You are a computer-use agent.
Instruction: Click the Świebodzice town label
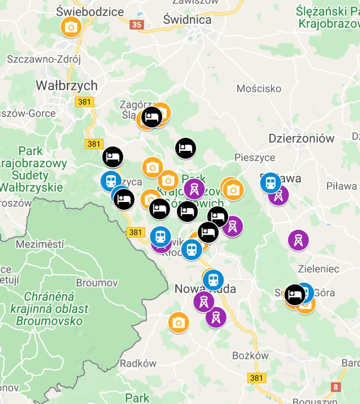click(x=90, y=12)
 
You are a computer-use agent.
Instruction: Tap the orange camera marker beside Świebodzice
click(x=71, y=28)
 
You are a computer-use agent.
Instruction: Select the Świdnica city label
click(x=187, y=20)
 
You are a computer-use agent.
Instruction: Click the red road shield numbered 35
click(x=137, y=25)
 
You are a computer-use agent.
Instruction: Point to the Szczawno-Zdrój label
click(x=44, y=60)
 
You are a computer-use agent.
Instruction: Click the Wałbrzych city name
click(x=67, y=86)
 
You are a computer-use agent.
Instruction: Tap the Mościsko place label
click(x=259, y=89)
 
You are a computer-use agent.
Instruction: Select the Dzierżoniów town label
click(x=301, y=138)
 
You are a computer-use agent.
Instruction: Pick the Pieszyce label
click(x=255, y=157)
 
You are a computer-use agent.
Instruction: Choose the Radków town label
click(x=138, y=363)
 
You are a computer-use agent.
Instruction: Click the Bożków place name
click(x=251, y=356)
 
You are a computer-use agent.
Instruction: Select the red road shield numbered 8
click(x=336, y=387)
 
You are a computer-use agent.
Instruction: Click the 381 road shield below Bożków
click(x=256, y=378)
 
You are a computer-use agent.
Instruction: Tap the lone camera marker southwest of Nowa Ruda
click(x=179, y=322)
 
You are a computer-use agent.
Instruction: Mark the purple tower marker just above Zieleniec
click(x=298, y=240)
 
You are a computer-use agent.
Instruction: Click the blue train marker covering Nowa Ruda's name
click(x=213, y=280)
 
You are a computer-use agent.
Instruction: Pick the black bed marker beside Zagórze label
click(x=151, y=117)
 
